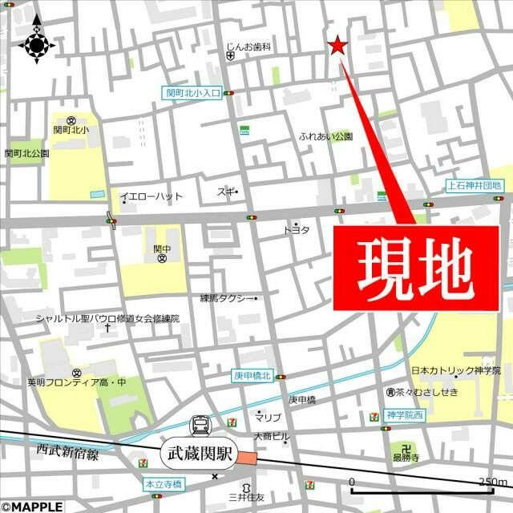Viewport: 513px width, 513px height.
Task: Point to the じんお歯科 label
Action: (x=249, y=47)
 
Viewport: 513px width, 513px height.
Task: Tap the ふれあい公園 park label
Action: (x=326, y=136)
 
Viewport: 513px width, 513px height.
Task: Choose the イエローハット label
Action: (x=151, y=196)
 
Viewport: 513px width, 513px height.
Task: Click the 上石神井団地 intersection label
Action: (x=474, y=186)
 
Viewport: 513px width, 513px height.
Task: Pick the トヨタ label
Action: (x=296, y=230)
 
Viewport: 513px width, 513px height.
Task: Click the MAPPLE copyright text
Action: (x=32, y=506)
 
